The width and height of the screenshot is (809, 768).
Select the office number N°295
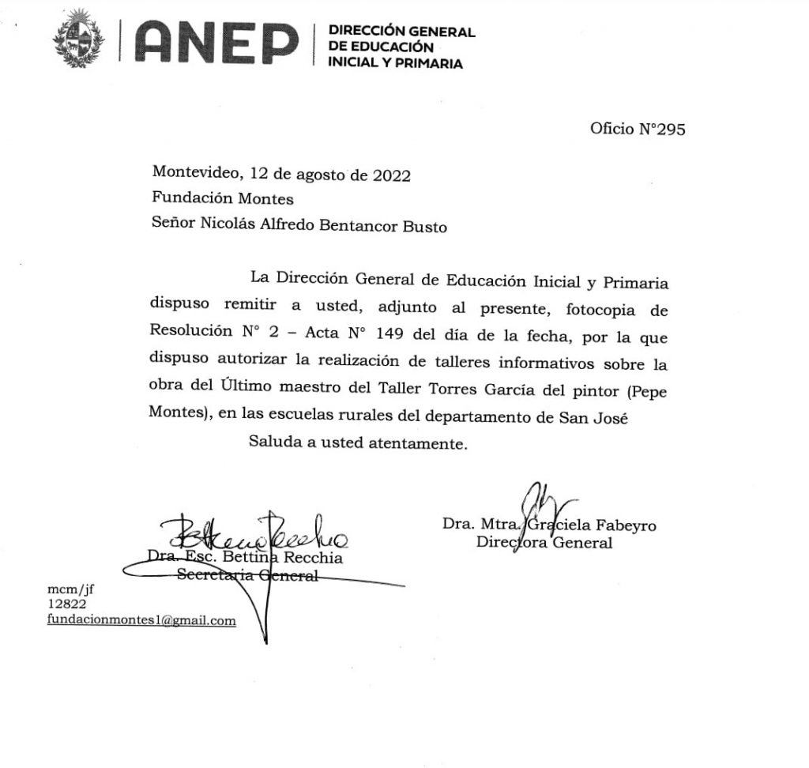pyautogui.click(x=660, y=130)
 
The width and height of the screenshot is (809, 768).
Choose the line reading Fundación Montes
pyautogui.click(x=222, y=199)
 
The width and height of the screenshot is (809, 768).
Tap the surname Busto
pyautogui.click(x=423, y=227)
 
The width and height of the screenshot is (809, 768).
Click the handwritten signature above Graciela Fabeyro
pyautogui.click(x=543, y=503)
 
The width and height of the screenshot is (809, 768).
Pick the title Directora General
pyautogui.click(x=544, y=543)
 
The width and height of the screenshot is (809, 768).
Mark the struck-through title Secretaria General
pyautogui.click(x=247, y=575)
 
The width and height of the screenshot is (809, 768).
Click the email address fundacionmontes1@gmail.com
pyautogui.click(x=141, y=620)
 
